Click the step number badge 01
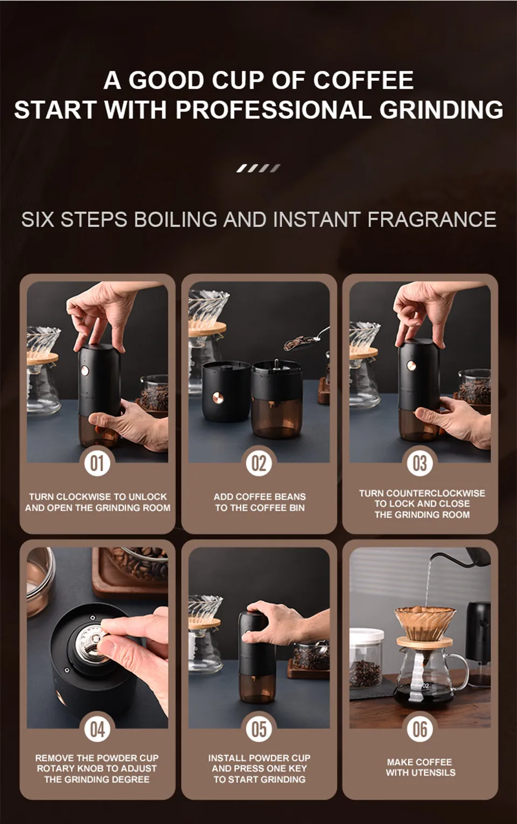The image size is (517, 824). pyautogui.click(x=97, y=463)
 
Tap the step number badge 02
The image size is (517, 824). pyautogui.click(x=258, y=463)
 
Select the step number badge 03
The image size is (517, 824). pyautogui.click(x=420, y=463)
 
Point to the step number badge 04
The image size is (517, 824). pyautogui.click(x=97, y=729)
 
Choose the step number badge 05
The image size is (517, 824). pyautogui.click(x=258, y=729)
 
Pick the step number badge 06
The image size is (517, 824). pyautogui.click(x=420, y=729)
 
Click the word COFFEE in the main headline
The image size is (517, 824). pyautogui.click(x=364, y=80)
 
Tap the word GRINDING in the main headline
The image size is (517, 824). pyautogui.click(x=441, y=110)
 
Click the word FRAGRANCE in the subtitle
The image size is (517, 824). pyautogui.click(x=431, y=219)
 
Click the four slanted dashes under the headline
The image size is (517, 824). pyautogui.click(x=258, y=169)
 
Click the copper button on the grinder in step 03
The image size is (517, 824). pyautogui.click(x=411, y=366)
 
